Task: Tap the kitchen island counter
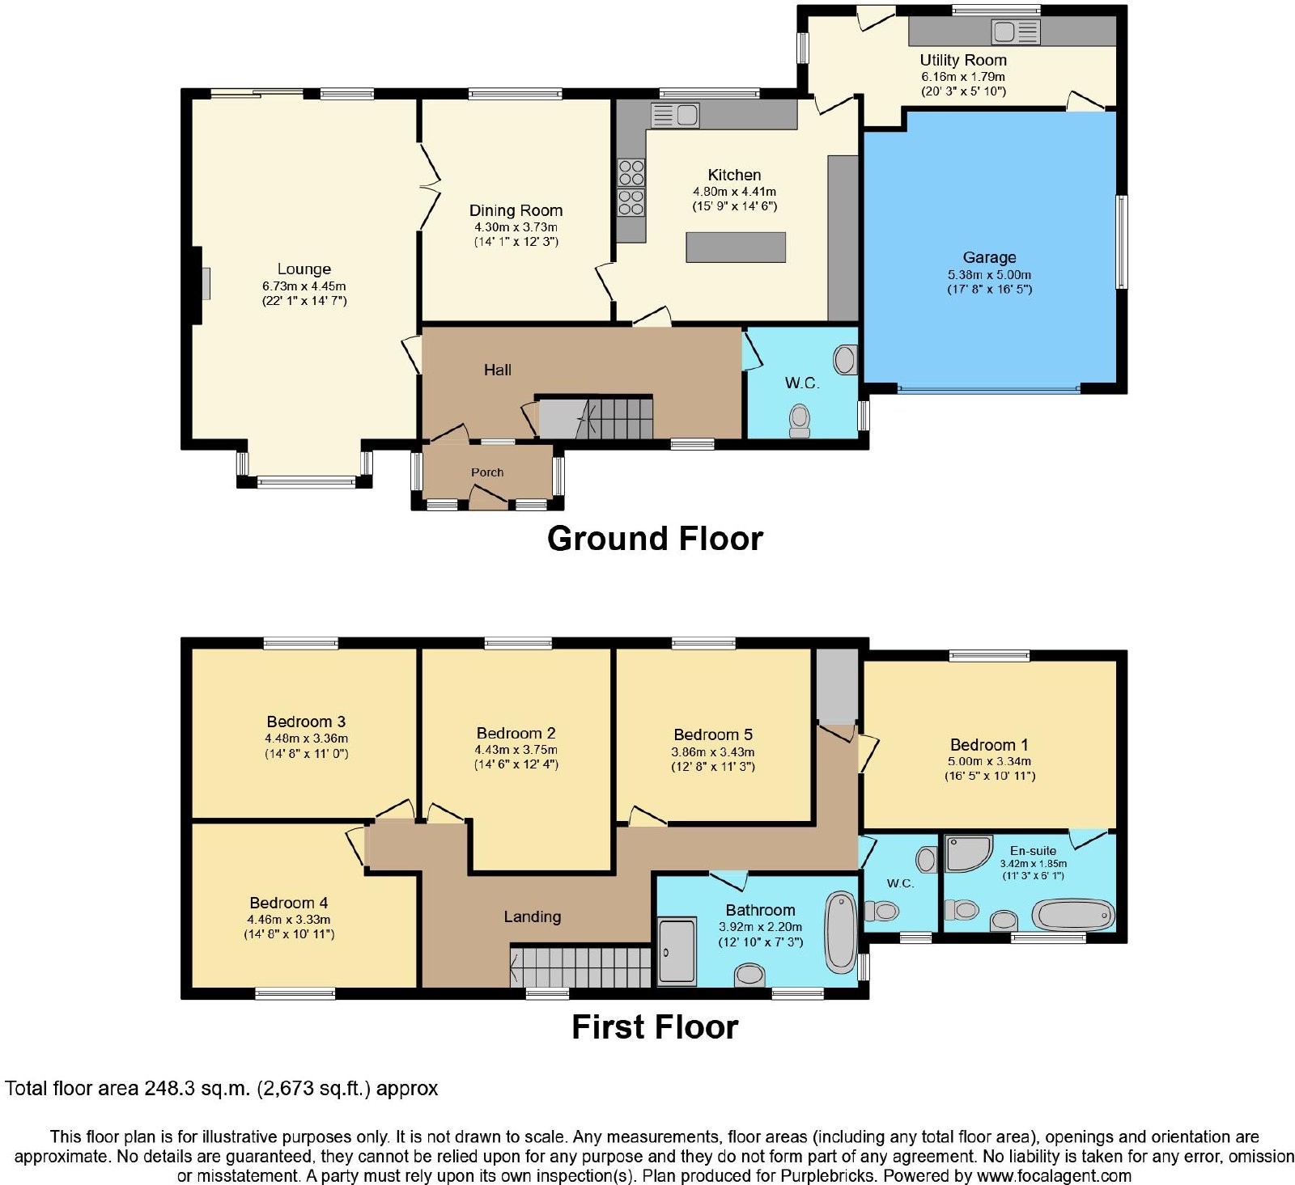tap(736, 247)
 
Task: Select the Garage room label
tap(989, 257)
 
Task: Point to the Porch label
tap(487, 472)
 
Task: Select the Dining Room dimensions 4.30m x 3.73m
tap(516, 227)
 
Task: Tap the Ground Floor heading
tap(655, 539)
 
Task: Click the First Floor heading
tap(655, 1027)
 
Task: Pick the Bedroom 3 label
tap(306, 722)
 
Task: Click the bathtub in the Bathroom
tap(840, 933)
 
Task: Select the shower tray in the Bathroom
tap(677, 951)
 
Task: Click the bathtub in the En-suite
tap(1073, 916)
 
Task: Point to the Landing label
tap(532, 916)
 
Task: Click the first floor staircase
tap(580, 967)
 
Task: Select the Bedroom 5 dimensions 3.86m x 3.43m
tap(712, 752)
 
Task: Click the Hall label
tap(497, 370)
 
